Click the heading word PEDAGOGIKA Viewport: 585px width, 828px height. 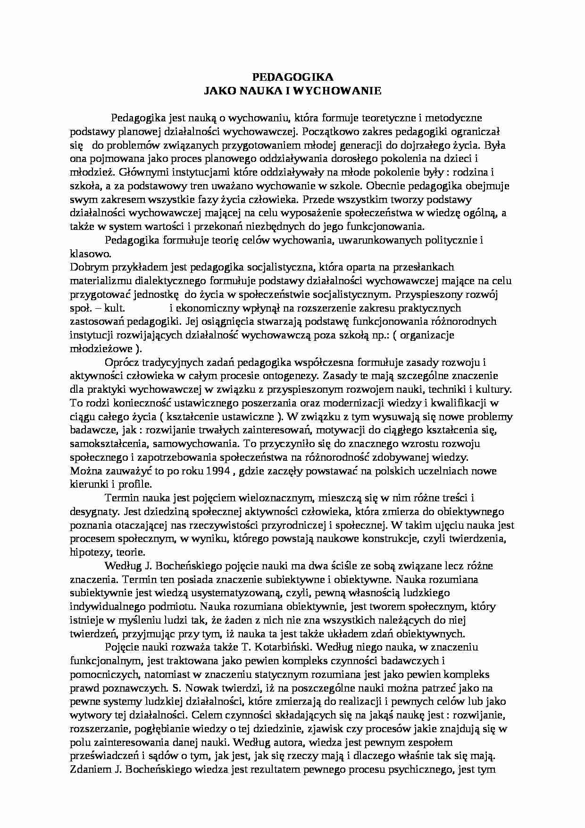[292, 77]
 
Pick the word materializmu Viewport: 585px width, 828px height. [99, 281]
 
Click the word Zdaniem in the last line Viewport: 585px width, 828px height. [89, 769]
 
